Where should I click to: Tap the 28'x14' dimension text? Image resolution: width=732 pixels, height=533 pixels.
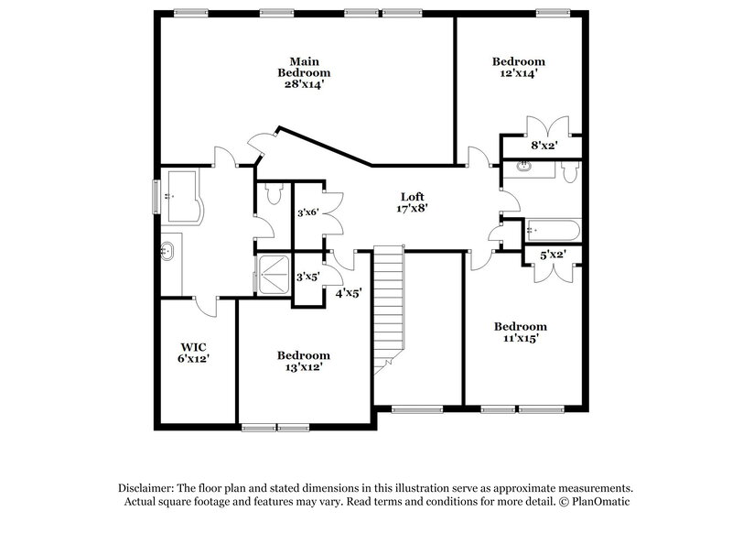pyautogui.click(x=304, y=83)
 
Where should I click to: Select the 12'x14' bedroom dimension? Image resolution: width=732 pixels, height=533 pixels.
pyautogui.click(x=518, y=74)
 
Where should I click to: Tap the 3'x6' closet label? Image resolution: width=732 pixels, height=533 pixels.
pyautogui.click(x=307, y=213)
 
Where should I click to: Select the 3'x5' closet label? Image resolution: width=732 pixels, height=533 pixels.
pyautogui.click(x=307, y=276)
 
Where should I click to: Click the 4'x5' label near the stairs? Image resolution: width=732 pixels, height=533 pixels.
pyautogui.click(x=349, y=294)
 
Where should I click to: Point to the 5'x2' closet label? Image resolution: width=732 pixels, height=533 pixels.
pyautogui.click(x=552, y=256)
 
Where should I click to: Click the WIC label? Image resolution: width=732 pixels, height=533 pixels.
pyautogui.click(x=192, y=347)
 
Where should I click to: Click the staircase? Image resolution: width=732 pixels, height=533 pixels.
pyautogui.click(x=389, y=307)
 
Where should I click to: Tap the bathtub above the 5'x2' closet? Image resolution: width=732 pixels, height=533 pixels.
pyautogui.click(x=552, y=230)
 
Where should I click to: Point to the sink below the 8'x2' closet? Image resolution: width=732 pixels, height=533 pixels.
pyautogui.click(x=525, y=167)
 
